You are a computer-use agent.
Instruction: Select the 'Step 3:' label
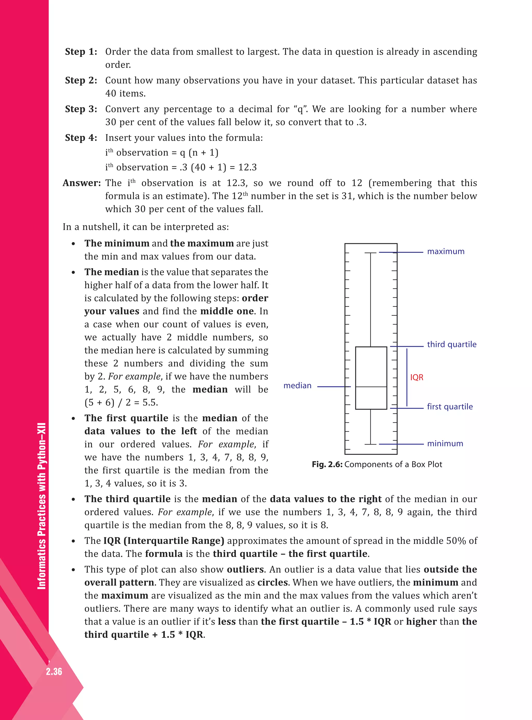[x=81, y=109]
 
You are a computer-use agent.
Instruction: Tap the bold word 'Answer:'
[x=82, y=183]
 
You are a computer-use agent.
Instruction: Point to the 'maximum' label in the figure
[x=445, y=252]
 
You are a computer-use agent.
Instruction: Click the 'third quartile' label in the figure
[x=451, y=344]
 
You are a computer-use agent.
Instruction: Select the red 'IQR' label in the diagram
[x=416, y=377]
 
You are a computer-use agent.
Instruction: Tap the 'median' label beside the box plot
[x=297, y=386]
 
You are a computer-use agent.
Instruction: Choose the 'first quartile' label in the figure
[x=450, y=407]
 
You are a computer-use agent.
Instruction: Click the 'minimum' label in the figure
[x=445, y=444]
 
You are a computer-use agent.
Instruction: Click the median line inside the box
[x=371, y=387]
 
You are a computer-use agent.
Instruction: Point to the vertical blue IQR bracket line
[x=407, y=377]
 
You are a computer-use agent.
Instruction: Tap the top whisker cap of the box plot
[x=370, y=253]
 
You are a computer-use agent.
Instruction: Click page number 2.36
[x=54, y=671]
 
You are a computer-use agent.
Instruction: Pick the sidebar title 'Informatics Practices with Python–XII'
[x=42, y=506]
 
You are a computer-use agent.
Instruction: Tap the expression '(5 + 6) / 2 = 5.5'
[x=121, y=403]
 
